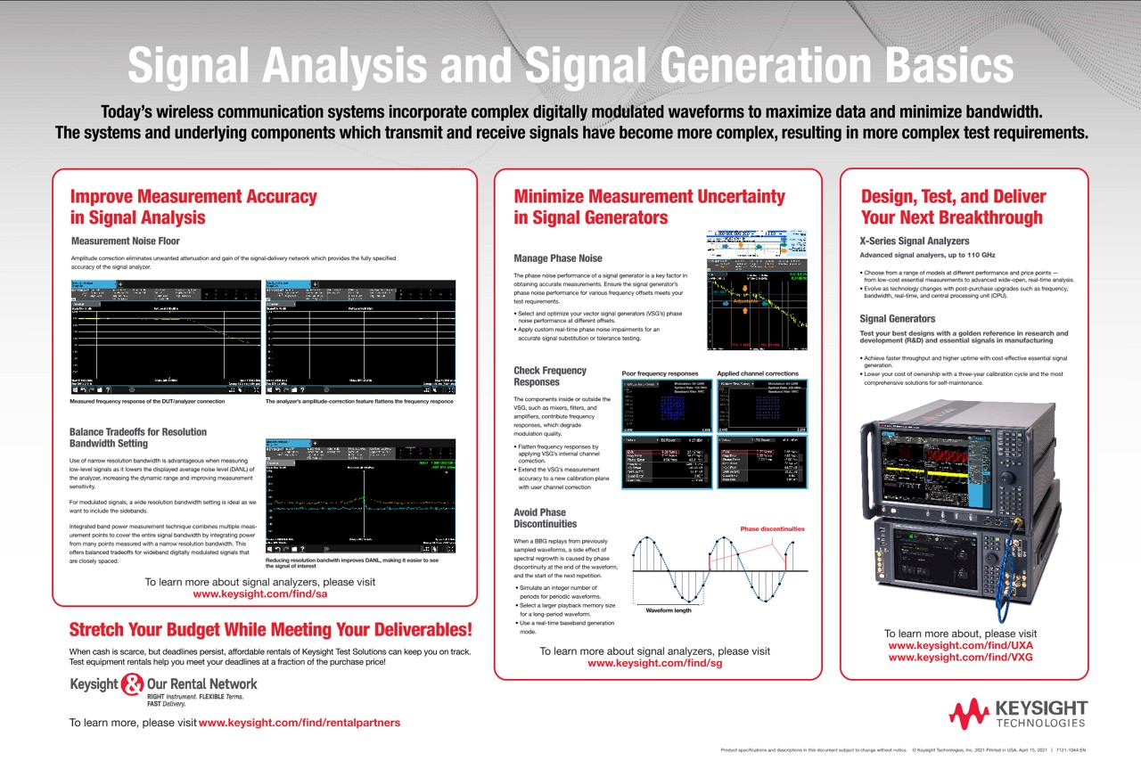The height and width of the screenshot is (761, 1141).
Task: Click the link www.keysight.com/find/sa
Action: point(260,594)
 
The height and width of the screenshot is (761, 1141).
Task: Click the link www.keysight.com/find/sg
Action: point(654,663)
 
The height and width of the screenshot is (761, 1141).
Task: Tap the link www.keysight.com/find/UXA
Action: point(960,645)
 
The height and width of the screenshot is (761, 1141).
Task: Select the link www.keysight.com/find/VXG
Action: point(960,658)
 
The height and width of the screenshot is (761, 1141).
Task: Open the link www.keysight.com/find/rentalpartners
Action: point(300,723)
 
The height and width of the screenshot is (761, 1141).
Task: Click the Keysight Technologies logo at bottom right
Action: point(1017,713)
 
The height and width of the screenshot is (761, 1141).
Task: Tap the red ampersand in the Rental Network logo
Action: point(131,684)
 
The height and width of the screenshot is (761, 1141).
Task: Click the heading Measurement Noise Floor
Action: point(125,241)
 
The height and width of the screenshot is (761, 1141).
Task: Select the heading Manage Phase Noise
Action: point(557,258)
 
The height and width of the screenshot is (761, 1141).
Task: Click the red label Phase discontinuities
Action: point(772,528)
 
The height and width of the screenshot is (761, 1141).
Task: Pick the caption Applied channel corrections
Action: point(758,373)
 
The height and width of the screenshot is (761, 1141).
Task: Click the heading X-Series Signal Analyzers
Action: point(914,241)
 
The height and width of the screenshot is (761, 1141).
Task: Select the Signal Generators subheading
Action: point(897,318)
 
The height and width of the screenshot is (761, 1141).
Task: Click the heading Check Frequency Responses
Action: point(550,376)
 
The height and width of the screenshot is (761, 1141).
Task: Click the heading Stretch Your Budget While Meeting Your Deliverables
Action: point(270,630)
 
